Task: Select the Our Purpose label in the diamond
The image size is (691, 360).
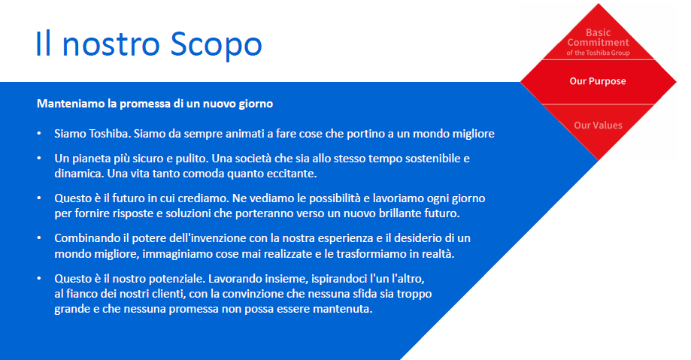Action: point(598,81)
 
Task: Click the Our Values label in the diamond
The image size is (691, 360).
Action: point(598,125)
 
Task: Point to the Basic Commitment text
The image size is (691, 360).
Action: point(598,38)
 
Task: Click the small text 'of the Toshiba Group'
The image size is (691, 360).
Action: point(598,53)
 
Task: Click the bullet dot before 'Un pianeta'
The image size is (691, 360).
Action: point(38,159)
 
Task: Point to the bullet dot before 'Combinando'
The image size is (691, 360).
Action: point(38,238)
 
